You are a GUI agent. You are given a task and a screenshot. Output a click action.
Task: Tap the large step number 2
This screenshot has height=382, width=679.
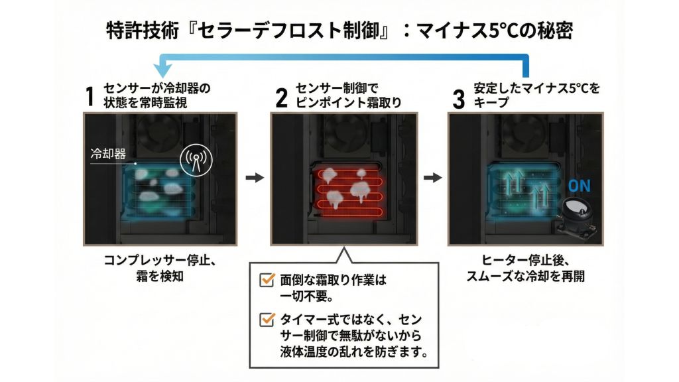pyautogui.click(x=281, y=97)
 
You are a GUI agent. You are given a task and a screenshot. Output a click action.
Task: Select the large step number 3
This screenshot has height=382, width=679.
pyautogui.click(x=459, y=97)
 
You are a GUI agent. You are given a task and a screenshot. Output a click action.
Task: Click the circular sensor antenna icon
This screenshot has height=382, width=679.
pyautogui.click(x=194, y=159)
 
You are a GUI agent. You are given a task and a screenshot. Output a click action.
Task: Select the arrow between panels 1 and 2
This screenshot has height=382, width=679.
pyautogui.click(x=254, y=178)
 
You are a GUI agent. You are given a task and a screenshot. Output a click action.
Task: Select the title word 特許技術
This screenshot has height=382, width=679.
pyautogui.click(x=137, y=31)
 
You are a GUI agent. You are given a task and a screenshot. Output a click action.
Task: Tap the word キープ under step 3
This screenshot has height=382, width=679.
pyautogui.click(x=491, y=103)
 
